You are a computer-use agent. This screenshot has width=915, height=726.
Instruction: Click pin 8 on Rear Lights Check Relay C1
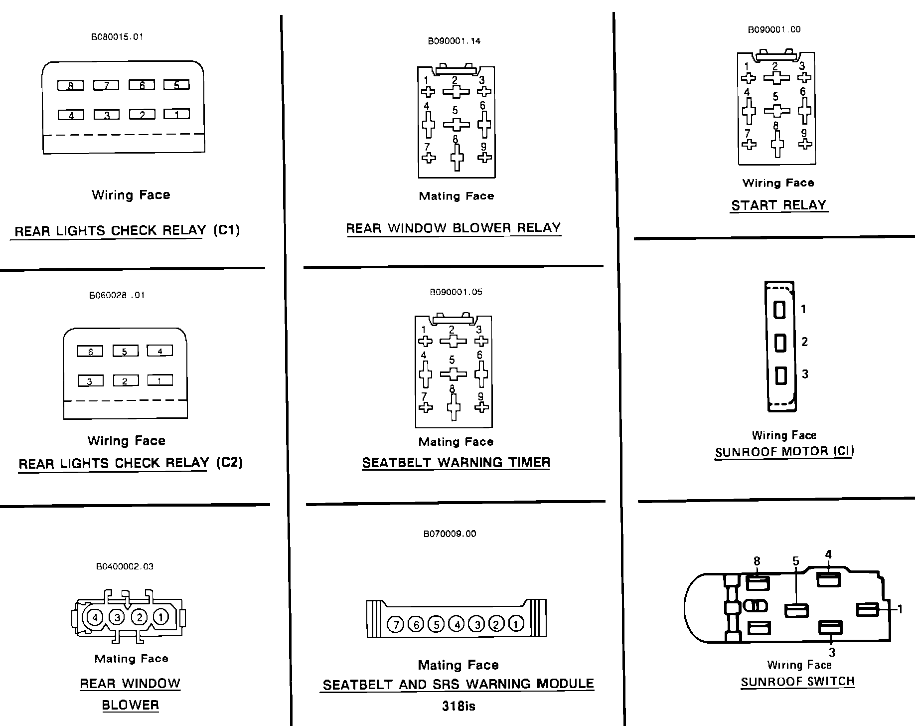(x=71, y=86)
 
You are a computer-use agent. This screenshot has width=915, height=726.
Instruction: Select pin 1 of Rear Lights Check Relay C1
(x=176, y=114)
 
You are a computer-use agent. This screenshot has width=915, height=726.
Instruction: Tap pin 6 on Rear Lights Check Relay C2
(x=90, y=352)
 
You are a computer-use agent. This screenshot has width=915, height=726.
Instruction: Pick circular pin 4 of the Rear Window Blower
(x=95, y=617)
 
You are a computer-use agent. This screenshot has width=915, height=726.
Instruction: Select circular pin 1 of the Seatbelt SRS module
(x=516, y=624)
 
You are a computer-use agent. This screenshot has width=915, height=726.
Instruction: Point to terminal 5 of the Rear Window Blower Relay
(x=456, y=124)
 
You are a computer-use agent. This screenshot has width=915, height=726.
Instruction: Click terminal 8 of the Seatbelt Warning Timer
(x=453, y=408)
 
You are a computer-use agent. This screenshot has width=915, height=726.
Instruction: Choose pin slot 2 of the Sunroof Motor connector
(x=780, y=343)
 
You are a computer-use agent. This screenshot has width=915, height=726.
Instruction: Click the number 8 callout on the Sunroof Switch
(x=757, y=561)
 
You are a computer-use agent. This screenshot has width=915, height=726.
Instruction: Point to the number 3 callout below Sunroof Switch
(x=831, y=652)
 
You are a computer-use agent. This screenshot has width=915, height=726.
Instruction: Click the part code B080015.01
(x=117, y=37)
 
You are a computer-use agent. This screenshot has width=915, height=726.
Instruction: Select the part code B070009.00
(x=450, y=534)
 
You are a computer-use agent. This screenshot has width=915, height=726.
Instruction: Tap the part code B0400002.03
(x=125, y=566)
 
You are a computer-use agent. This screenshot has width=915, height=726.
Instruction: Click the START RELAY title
(x=778, y=205)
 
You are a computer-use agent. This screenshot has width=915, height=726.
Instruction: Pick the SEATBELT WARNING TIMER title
(x=456, y=463)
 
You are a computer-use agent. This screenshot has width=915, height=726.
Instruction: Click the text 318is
(x=458, y=706)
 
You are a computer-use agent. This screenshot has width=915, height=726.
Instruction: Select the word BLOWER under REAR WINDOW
(x=130, y=705)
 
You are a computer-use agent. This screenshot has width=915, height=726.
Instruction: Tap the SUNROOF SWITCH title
(x=797, y=682)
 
